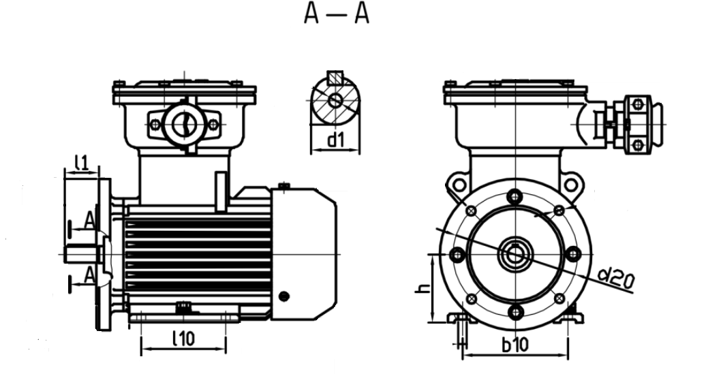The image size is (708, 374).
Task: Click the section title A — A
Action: (337, 14)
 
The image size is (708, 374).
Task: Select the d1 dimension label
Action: (335, 140)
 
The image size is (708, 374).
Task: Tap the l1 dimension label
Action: (81, 162)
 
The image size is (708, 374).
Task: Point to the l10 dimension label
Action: (184, 339)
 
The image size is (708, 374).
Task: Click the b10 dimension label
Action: (514, 345)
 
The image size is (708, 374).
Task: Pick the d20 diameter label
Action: (616, 279)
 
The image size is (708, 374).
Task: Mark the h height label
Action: (422, 288)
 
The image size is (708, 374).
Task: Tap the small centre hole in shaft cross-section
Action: (335, 100)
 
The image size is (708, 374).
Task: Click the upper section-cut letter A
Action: (90, 221)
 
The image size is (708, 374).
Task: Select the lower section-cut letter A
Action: (90, 275)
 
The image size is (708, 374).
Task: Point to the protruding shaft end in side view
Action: (81, 254)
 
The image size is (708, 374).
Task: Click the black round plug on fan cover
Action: (284, 296)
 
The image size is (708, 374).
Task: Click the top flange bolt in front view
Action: (514, 197)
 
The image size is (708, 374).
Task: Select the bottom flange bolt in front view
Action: (515, 312)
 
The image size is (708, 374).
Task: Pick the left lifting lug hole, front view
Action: (459, 185)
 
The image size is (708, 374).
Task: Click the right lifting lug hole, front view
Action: (570, 185)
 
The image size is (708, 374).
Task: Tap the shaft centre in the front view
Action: (514, 255)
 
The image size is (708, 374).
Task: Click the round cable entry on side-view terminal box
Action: (184, 123)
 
